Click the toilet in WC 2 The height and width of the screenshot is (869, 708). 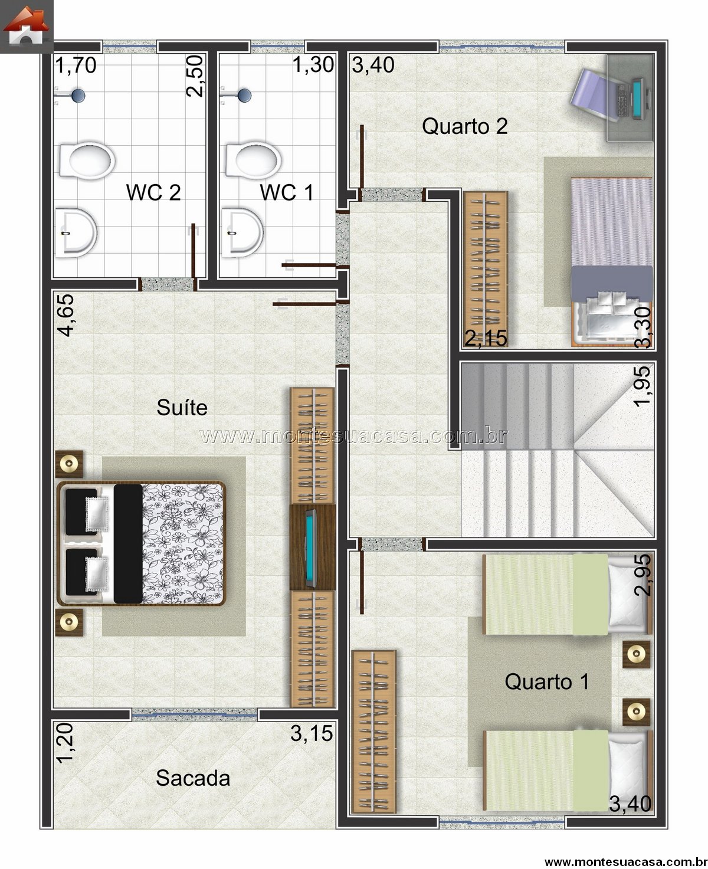click(x=86, y=160)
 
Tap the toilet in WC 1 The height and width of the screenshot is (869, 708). click(x=253, y=160)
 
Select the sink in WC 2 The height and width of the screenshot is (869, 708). click(x=76, y=232)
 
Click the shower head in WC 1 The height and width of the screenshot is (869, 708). click(x=244, y=94)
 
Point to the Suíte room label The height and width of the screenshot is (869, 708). click(x=182, y=408)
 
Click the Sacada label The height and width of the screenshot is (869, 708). click(x=193, y=778)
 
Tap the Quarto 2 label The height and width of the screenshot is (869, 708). click(x=465, y=126)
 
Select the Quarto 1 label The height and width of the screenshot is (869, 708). click(x=547, y=682)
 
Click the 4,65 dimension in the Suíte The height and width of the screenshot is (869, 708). click(x=66, y=316)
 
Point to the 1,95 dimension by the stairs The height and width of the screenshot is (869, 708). click(x=642, y=386)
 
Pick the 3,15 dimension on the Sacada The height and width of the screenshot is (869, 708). click(x=312, y=733)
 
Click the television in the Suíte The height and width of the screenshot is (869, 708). click(x=312, y=547)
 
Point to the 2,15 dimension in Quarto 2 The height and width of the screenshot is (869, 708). click(x=486, y=339)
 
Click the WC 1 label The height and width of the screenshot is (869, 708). click(x=287, y=192)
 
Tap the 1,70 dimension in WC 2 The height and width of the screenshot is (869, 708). click(x=76, y=65)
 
